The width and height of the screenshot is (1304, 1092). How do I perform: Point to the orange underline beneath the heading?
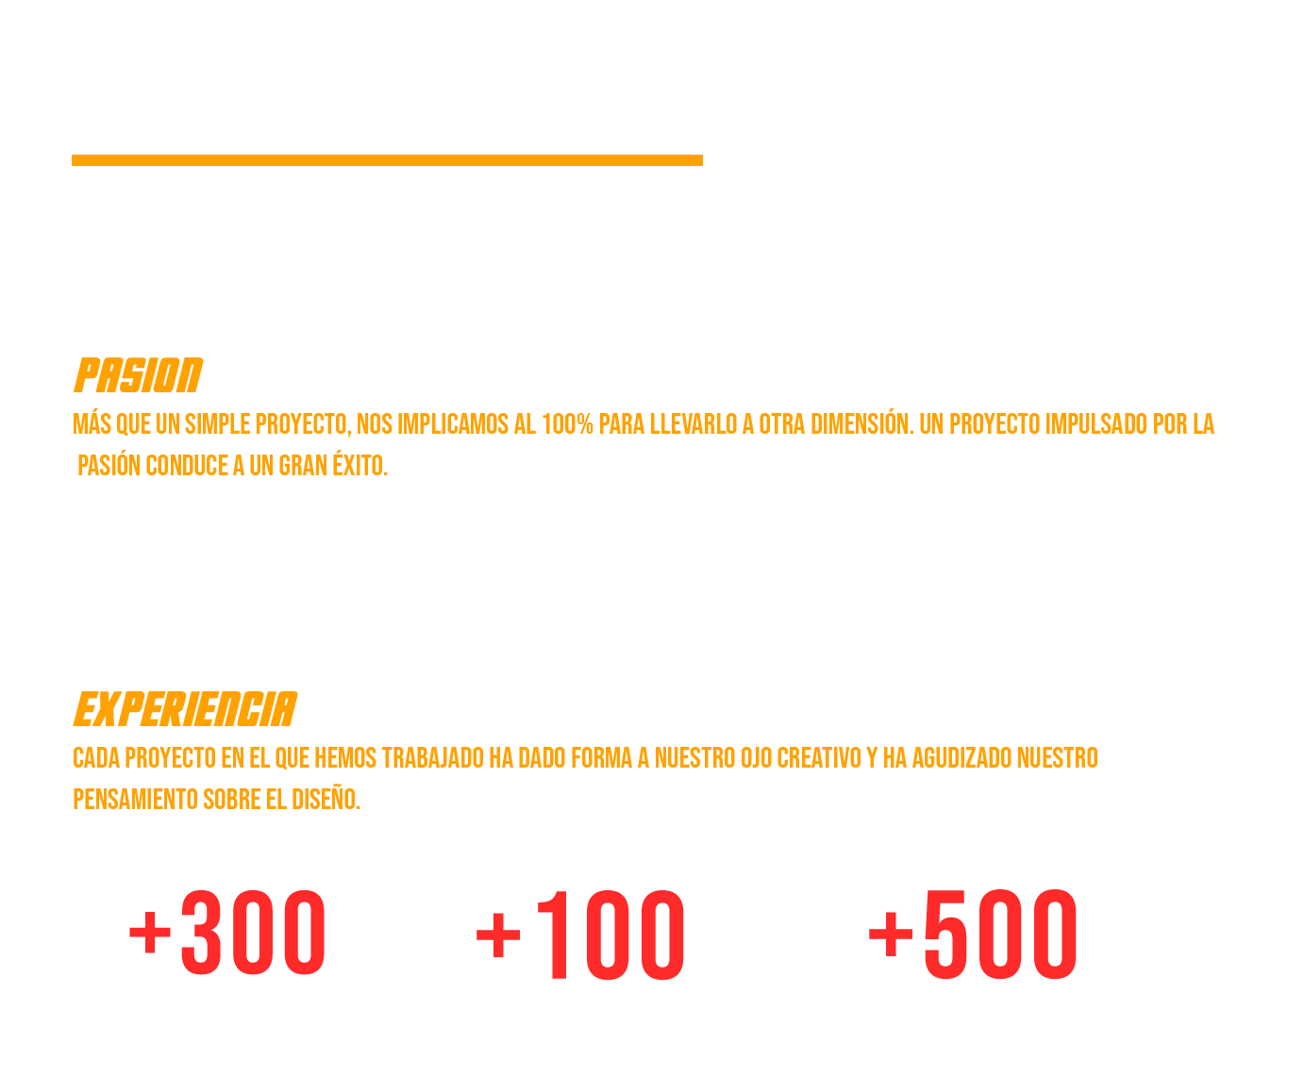click(x=387, y=160)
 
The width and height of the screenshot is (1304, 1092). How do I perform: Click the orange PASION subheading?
click(x=138, y=375)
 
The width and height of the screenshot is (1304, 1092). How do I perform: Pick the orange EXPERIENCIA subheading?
click(x=185, y=709)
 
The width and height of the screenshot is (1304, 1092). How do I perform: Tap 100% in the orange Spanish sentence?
click(x=567, y=424)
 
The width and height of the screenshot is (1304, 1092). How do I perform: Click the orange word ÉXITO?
click(x=359, y=466)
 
